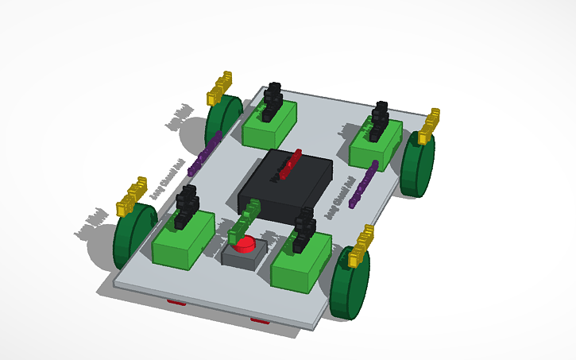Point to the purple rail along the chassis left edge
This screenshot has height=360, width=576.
coord(209,150)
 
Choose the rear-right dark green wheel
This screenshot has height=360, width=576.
coord(417,166)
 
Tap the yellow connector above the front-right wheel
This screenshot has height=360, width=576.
coord(361,246)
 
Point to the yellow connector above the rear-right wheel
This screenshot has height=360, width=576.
coord(429,126)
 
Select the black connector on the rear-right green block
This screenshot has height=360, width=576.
coord(380,119)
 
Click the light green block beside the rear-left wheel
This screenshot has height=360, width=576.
coord(269,126)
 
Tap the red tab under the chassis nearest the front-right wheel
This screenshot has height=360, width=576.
coord(259,320)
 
